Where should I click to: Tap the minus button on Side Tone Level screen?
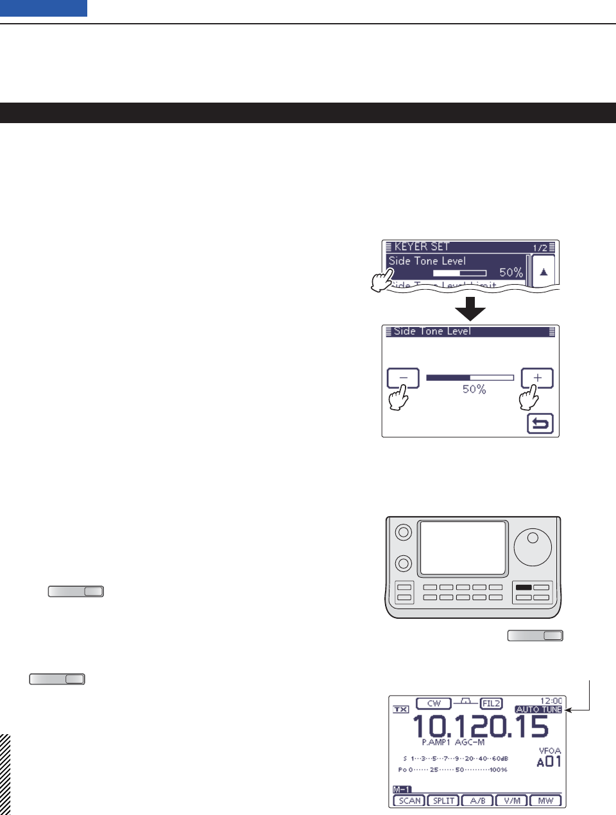[403, 378]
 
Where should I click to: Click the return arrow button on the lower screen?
[540, 424]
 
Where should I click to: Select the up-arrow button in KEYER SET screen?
[543, 272]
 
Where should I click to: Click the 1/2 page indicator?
[540, 248]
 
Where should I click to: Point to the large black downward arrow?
[470, 308]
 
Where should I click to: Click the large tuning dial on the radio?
[533, 548]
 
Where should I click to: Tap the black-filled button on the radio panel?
[524, 587]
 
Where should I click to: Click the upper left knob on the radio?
[403, 532]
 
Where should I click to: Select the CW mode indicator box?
[434, 703]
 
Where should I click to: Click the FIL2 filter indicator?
[491, 703]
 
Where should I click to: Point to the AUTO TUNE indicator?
[538, 709]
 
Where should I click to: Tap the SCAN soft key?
[409, 800]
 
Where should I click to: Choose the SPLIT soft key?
[443, 800]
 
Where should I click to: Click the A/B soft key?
[477, 800]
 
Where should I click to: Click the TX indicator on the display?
[401, 709]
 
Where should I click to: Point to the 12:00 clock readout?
[551, 701]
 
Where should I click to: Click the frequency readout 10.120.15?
[480, 727]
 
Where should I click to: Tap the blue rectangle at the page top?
[44, 8]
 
